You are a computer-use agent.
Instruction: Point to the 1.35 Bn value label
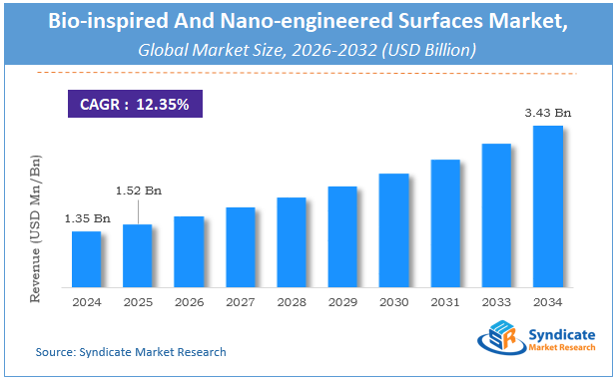pos(87,218)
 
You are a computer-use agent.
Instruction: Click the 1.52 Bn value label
pos(138,190)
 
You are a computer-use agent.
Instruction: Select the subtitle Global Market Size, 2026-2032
pos(308,48)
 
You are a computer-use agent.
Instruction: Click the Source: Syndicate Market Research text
pos(131,352)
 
